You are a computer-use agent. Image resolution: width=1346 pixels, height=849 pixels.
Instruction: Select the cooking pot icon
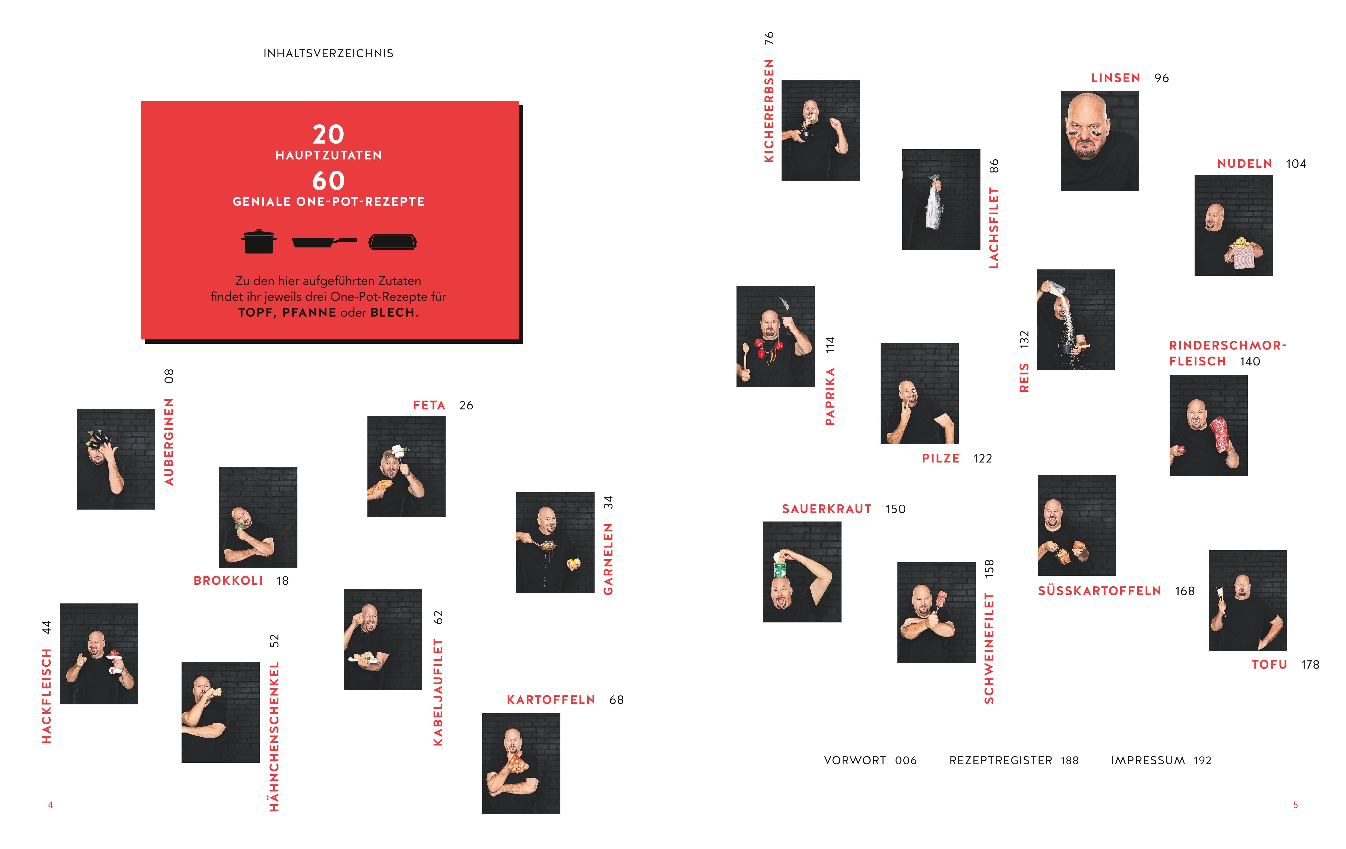259,241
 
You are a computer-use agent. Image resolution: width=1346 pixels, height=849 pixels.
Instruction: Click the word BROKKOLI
228,581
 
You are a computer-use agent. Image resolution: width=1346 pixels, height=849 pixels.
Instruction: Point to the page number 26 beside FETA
466,405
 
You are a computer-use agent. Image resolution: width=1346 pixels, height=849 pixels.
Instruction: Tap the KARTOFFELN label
551,700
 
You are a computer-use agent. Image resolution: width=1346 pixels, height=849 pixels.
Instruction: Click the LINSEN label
1116,78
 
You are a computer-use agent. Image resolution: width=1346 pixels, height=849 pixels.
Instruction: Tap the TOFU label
1269,664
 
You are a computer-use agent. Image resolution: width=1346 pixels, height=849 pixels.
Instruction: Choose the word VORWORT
855,760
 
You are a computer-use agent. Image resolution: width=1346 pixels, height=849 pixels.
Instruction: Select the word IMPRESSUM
1148,760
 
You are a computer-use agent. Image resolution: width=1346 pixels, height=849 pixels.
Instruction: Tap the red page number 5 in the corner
1295,805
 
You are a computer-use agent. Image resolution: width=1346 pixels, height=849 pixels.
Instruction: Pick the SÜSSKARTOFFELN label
1100,591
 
